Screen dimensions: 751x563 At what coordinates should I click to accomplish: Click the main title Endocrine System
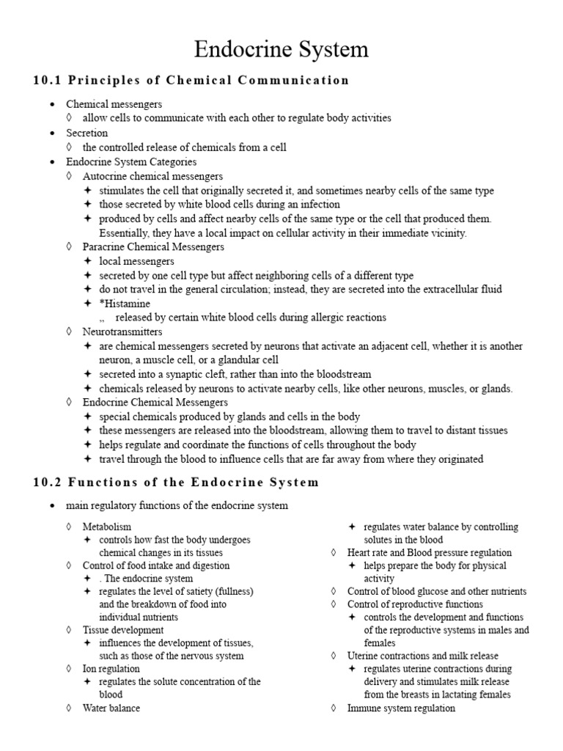(281, 50)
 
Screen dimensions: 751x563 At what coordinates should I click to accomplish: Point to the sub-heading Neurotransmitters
(122, 331)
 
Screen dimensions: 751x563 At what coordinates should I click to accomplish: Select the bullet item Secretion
(87, 133)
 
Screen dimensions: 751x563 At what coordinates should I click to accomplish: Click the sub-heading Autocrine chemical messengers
(152, 176)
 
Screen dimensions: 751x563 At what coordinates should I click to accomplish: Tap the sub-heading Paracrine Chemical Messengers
(153, 246)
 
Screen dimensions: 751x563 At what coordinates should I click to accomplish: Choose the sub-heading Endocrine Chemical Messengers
(155, 402)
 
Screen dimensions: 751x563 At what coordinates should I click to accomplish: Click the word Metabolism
(107, 527)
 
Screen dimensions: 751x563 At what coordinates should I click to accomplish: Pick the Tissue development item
(122, 630)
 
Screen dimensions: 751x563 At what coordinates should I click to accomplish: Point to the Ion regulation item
(111, 669)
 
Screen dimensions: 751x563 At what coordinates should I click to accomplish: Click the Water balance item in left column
(111, 708)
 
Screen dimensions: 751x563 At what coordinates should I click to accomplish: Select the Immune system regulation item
(401, 708)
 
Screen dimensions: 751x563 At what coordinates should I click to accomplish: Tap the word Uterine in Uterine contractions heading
(364, 656)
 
